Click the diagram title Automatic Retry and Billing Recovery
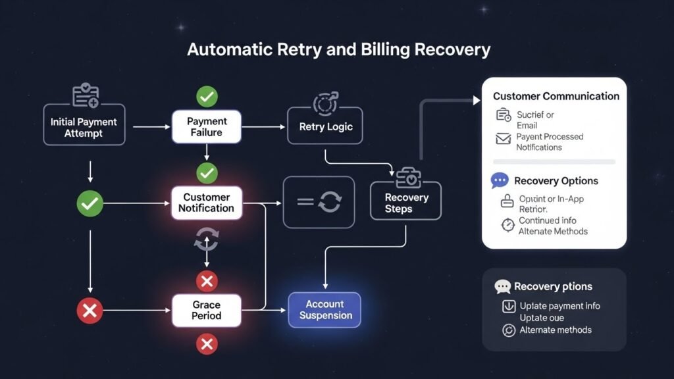(x=338, y=50)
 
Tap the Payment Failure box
(x=207, y=127)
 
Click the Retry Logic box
(x=325, y=126)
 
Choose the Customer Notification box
(x=207, y=203)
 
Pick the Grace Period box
(x=207, y=310)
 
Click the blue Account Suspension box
(x=325, y=310)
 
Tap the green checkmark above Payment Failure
(x=207, y=97)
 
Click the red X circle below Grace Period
(x=207, y=343)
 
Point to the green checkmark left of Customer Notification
(x=90, y=203)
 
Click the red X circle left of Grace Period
(x=90, y=310)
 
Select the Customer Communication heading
(x=556, y=96)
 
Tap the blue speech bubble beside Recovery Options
(x=500, y=180)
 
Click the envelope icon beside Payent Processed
(x=504, y=139)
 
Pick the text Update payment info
(x=559, y=306)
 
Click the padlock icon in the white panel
(x=507, y=201)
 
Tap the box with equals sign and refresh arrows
(x=319, y=202)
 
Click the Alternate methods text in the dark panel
(x=556, y=330)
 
